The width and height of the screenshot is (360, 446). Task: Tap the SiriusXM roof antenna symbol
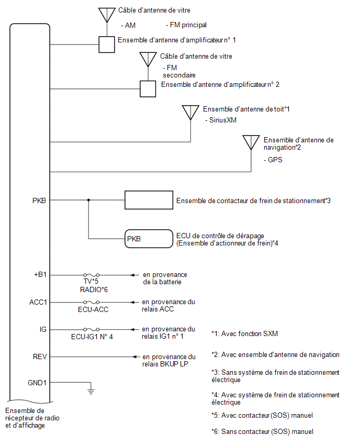190,113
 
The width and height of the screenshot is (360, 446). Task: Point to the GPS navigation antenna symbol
251,142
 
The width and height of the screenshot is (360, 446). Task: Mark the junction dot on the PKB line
88,200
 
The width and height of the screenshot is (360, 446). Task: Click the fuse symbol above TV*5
91,275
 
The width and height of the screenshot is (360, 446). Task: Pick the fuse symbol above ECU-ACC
91,302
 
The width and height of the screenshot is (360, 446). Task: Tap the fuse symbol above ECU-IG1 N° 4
91,329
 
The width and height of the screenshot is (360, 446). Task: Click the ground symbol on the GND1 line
91,392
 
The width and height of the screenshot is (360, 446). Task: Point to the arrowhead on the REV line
136,356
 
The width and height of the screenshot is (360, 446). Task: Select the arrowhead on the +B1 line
132,275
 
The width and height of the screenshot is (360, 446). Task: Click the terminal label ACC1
38,302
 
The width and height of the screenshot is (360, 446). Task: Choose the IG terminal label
43,329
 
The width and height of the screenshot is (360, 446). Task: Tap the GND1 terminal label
37,383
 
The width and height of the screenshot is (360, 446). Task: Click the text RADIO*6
94,289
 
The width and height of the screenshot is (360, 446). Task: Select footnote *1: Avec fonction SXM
244,333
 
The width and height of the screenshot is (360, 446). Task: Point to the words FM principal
186,25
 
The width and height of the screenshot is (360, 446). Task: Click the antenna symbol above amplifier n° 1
107,15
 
